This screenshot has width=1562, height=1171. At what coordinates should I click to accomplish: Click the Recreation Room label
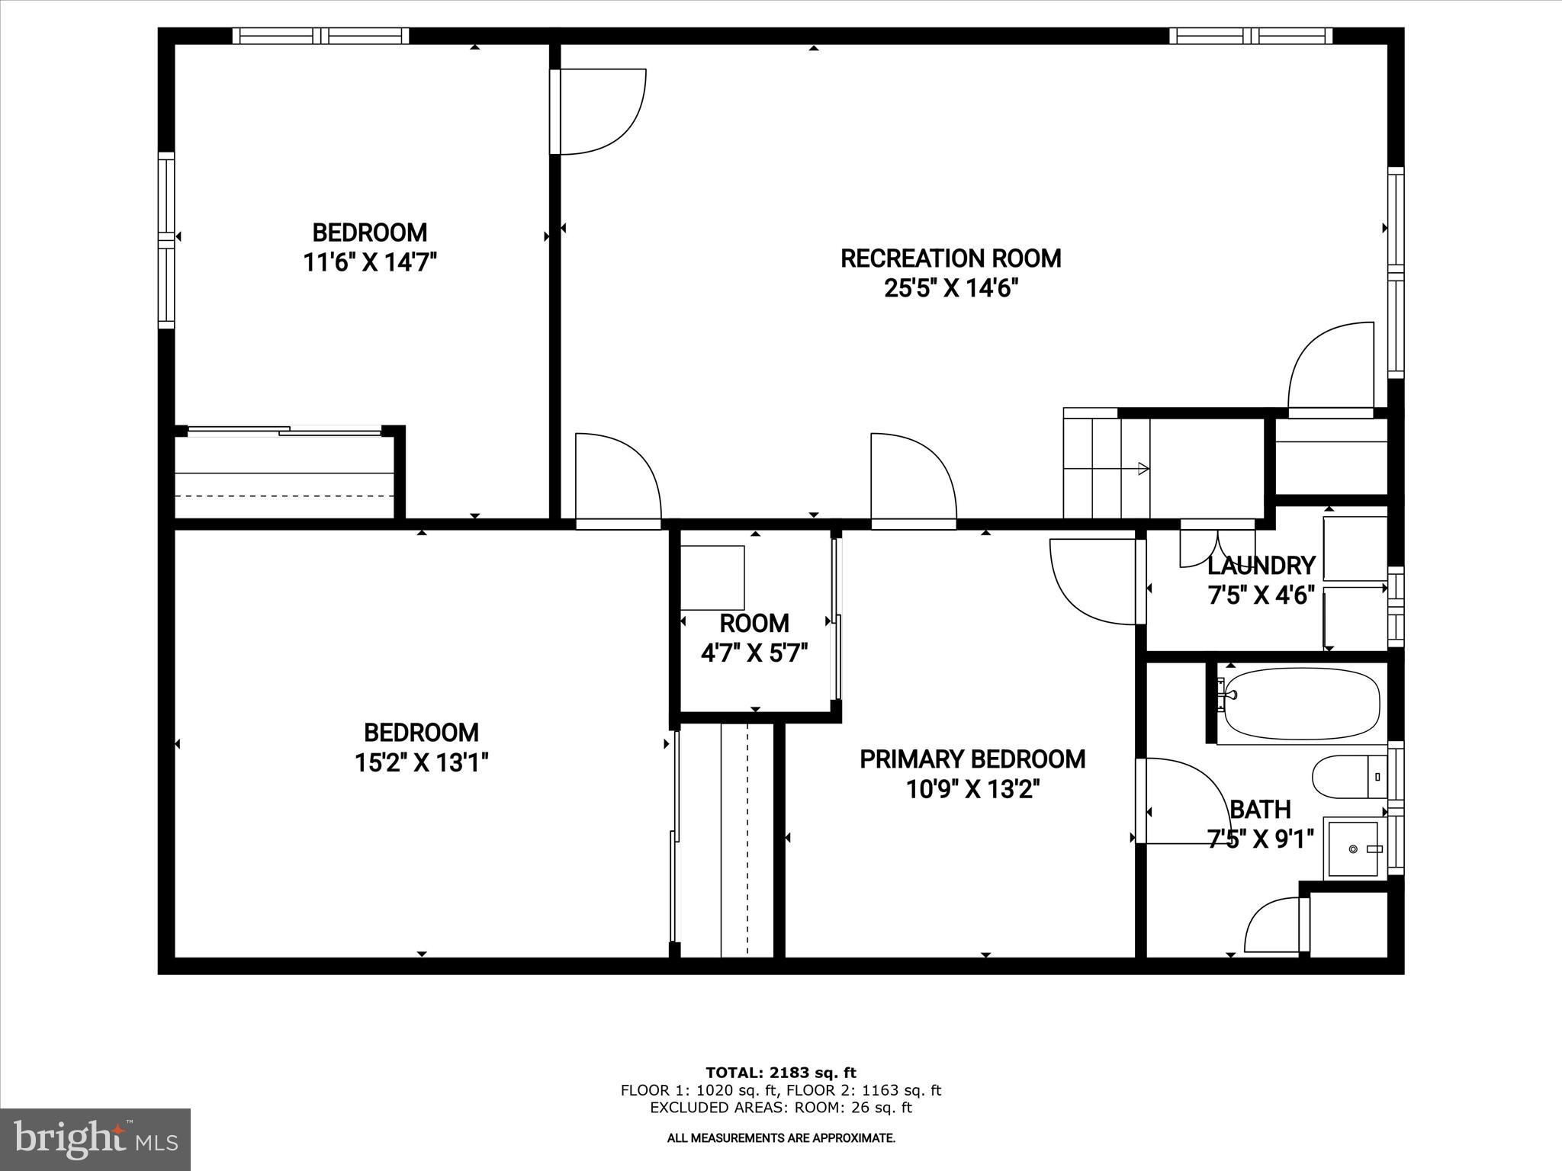click(x=950, y=258)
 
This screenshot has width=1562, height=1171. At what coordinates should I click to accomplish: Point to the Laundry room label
click(x=1261, y=566)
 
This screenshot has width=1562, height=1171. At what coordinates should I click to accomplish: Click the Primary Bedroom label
click(x=972, y=759)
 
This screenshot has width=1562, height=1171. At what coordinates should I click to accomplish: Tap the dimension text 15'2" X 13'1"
click(x=421, y=762)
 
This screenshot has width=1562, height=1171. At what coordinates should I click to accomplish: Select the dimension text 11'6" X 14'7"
click(x=370, y=262)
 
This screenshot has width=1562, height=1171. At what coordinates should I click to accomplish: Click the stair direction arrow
click(x=1143, y=468)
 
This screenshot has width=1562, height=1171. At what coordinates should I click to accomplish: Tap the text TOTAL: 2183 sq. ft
click(x=780, y=1073)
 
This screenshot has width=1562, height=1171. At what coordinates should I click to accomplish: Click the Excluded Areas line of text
click(x=781, y=1108)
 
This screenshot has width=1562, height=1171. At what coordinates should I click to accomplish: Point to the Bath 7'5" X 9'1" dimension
click(x=1261, y=839)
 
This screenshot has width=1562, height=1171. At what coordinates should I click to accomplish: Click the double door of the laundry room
click(x=1217, y=543)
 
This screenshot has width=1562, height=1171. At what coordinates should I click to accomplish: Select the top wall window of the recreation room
click(x=1251, y=35)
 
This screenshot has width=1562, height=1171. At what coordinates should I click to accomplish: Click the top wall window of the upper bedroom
click(x=320, y=35)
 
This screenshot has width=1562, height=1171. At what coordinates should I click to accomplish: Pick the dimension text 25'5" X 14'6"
click(x=951, y=289)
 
